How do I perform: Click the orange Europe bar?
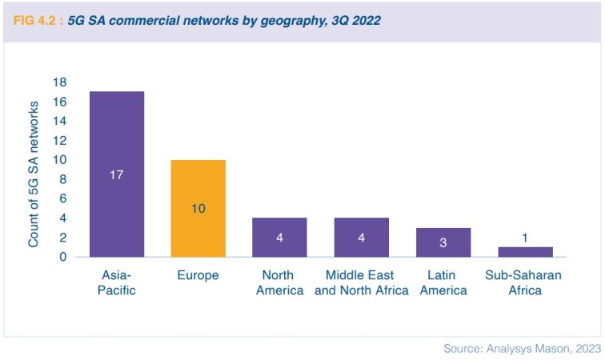click(198, 208)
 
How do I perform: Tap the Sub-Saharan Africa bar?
click(524, 252)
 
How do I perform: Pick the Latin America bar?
click(443, 242)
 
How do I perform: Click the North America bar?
click(279, 238)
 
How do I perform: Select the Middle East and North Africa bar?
click(361, 238)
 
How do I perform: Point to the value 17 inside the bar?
click(116, 174)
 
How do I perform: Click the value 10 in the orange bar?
click(198, 208)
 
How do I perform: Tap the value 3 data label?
click(443, 242)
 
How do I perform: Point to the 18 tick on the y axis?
click(59, 82)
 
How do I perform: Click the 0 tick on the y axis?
click(62, 257)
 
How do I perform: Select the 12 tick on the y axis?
click(59, 141)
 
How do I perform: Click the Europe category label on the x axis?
click(198, 275)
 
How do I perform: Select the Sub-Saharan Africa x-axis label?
click(524, 282)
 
